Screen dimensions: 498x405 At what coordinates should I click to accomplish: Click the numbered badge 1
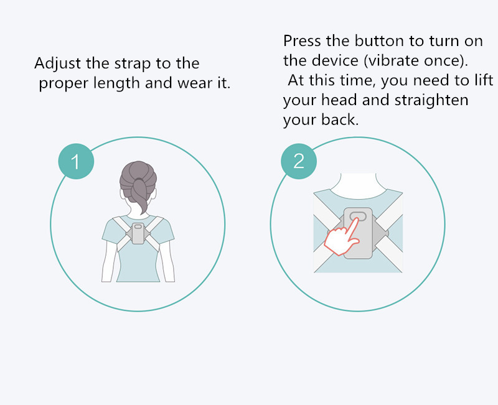coord(76,161)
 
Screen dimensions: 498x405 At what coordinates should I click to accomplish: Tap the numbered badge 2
coord(299,161)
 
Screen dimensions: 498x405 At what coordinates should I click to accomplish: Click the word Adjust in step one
coord(57,63)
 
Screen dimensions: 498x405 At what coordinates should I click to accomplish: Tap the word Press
coord(302,41)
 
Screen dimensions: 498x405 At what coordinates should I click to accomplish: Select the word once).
coord(446,60)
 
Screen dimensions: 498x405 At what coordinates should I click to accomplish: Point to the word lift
coord(484,80)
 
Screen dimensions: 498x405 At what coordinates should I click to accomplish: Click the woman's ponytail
coord(139,195)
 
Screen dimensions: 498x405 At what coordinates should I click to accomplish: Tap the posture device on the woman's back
coord(138,233)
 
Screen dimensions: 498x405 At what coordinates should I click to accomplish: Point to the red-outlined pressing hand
coord(342,237)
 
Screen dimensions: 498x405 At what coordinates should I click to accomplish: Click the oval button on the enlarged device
coord(358,216)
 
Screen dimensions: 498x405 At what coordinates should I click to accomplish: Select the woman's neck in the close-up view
coord(358,186)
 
